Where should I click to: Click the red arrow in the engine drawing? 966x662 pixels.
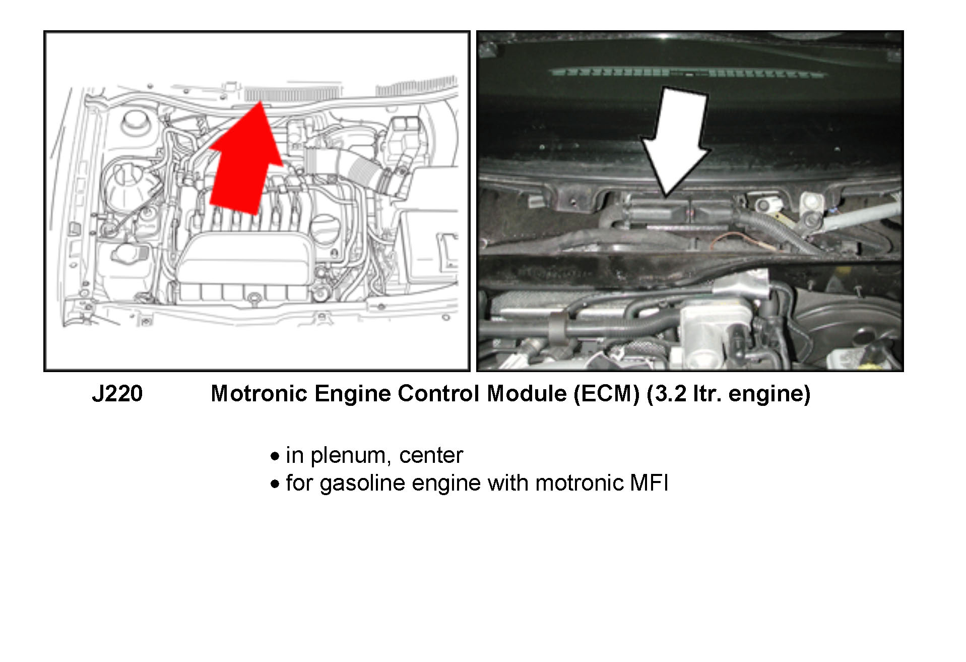pos(242,166)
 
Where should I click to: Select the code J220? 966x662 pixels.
pos(117,394)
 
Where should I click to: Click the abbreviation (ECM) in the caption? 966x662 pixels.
pos(607,394)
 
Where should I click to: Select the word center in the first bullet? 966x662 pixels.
pos(431,456)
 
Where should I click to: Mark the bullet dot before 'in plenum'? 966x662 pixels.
pos(275,457)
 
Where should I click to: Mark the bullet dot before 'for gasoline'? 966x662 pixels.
pos(275,485)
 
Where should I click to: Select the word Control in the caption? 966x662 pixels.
pos(438,394)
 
